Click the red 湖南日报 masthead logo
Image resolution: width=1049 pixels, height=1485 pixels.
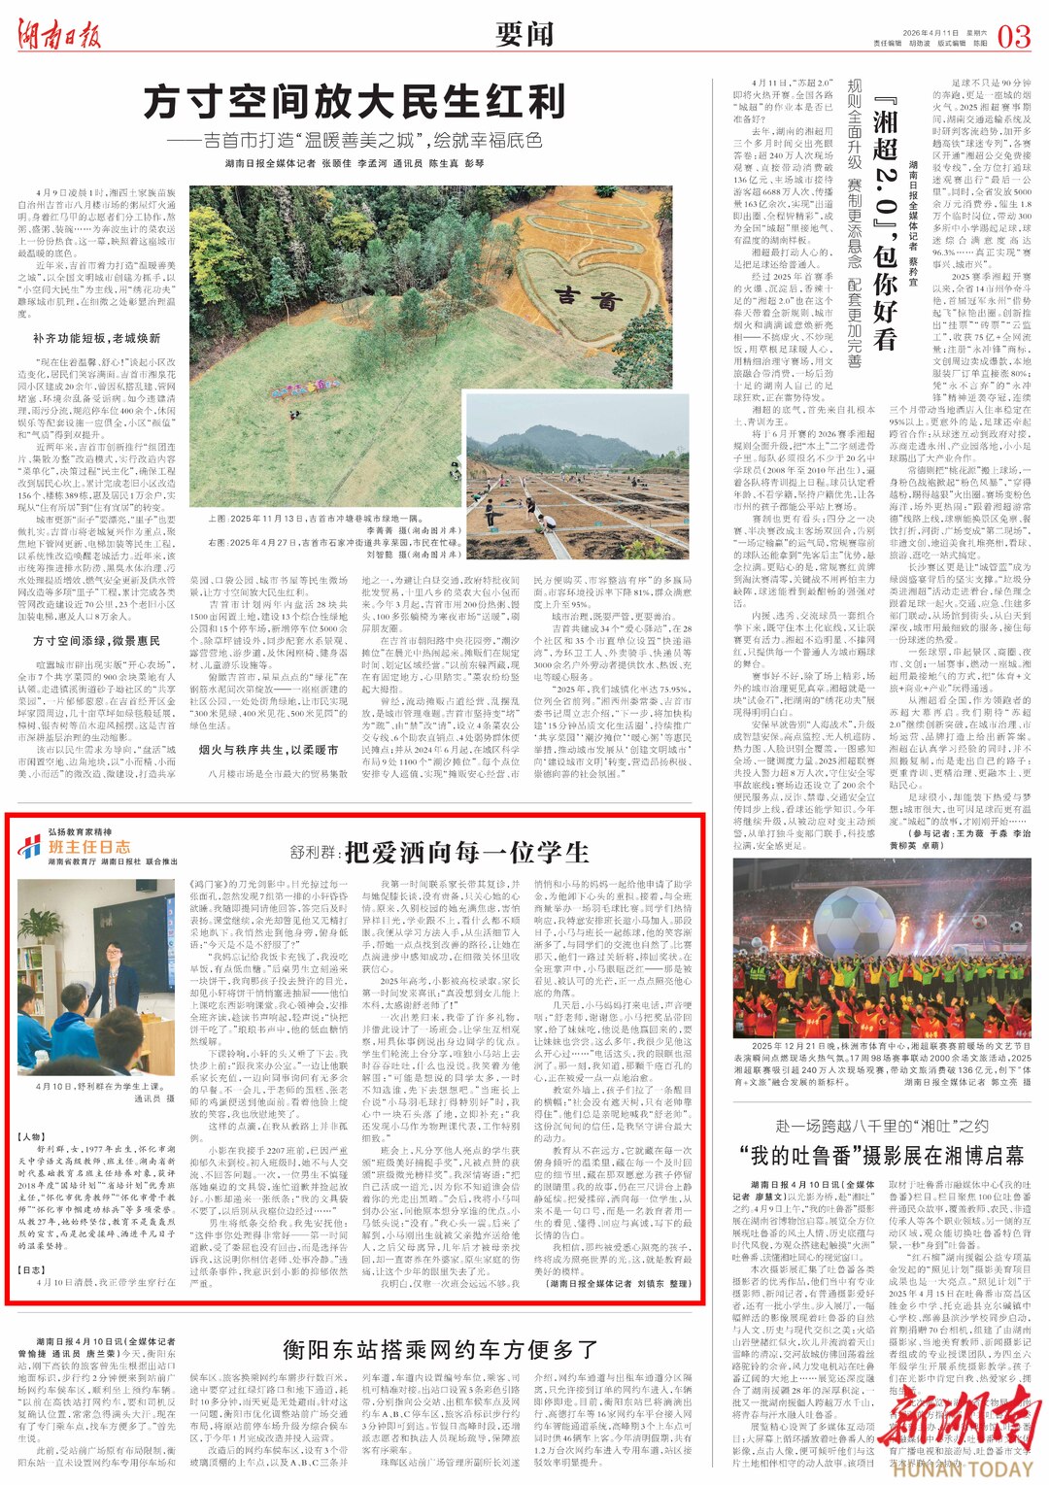pyautogui.click(x=58, y=36)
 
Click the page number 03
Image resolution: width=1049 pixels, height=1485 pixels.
pyautogui.click(x=1013, y=37)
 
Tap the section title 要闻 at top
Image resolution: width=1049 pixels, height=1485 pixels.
pyautogui.click(x=524, y=35)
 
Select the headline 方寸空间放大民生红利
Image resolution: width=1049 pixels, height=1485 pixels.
pyautogui.click(x=355, y=101)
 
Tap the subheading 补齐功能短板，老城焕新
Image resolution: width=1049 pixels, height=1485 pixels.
pyautogui.click(x=96, y=338)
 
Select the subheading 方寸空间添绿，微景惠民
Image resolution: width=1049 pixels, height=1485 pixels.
pyautogui.click(x=96, y=641)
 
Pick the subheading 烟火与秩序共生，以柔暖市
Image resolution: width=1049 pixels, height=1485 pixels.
pyautogui.click(x=268, y=750)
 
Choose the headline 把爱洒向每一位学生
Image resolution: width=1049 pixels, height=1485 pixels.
pyautogui.click(x=466, y=852)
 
